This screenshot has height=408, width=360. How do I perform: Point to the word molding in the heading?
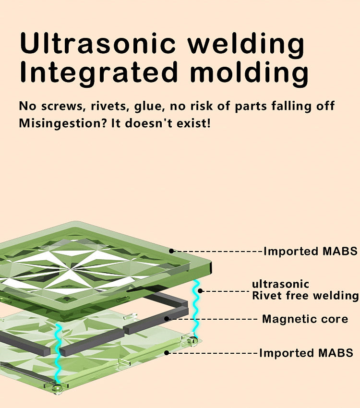[249, 73]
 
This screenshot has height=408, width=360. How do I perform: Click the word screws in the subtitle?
[64, 106]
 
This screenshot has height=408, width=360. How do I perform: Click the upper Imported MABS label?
[310, 251]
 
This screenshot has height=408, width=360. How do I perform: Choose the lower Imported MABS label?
[306, 353]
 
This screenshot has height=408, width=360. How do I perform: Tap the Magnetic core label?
[305, 319]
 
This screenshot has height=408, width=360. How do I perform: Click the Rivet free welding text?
[305, 296]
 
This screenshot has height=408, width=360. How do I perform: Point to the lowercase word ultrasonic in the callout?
[281, 284]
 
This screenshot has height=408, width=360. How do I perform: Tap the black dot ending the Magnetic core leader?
[166, 319]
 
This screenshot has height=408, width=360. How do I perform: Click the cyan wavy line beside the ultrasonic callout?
[196, 307]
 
